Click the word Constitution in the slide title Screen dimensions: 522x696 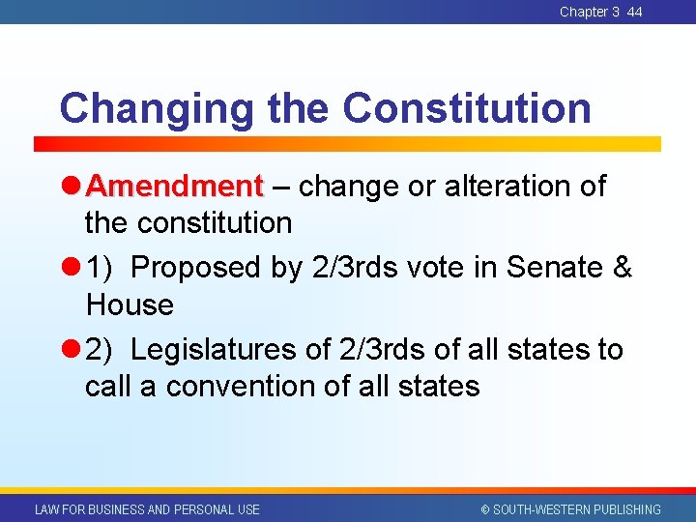467,108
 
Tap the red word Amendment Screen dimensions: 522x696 180,185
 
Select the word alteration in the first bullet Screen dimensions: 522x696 507,185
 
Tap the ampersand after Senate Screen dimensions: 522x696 623,268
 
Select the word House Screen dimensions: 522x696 130,305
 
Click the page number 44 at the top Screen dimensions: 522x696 634,12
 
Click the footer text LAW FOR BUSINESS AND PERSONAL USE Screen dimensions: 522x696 147,509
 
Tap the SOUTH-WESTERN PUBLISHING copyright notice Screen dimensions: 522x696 570,509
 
